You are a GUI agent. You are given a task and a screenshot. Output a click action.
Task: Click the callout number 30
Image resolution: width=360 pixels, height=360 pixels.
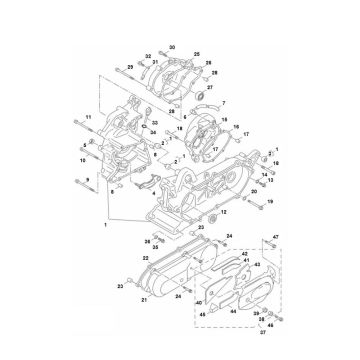[x=171, y=48]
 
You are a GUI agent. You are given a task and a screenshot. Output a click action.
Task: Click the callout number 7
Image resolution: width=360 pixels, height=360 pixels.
[x=224, y=103]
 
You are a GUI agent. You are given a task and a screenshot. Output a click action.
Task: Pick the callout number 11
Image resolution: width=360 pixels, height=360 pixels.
[x=88, y=117]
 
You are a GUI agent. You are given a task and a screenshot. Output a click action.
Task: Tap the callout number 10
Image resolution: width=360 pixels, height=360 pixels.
[x=83, y=159]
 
